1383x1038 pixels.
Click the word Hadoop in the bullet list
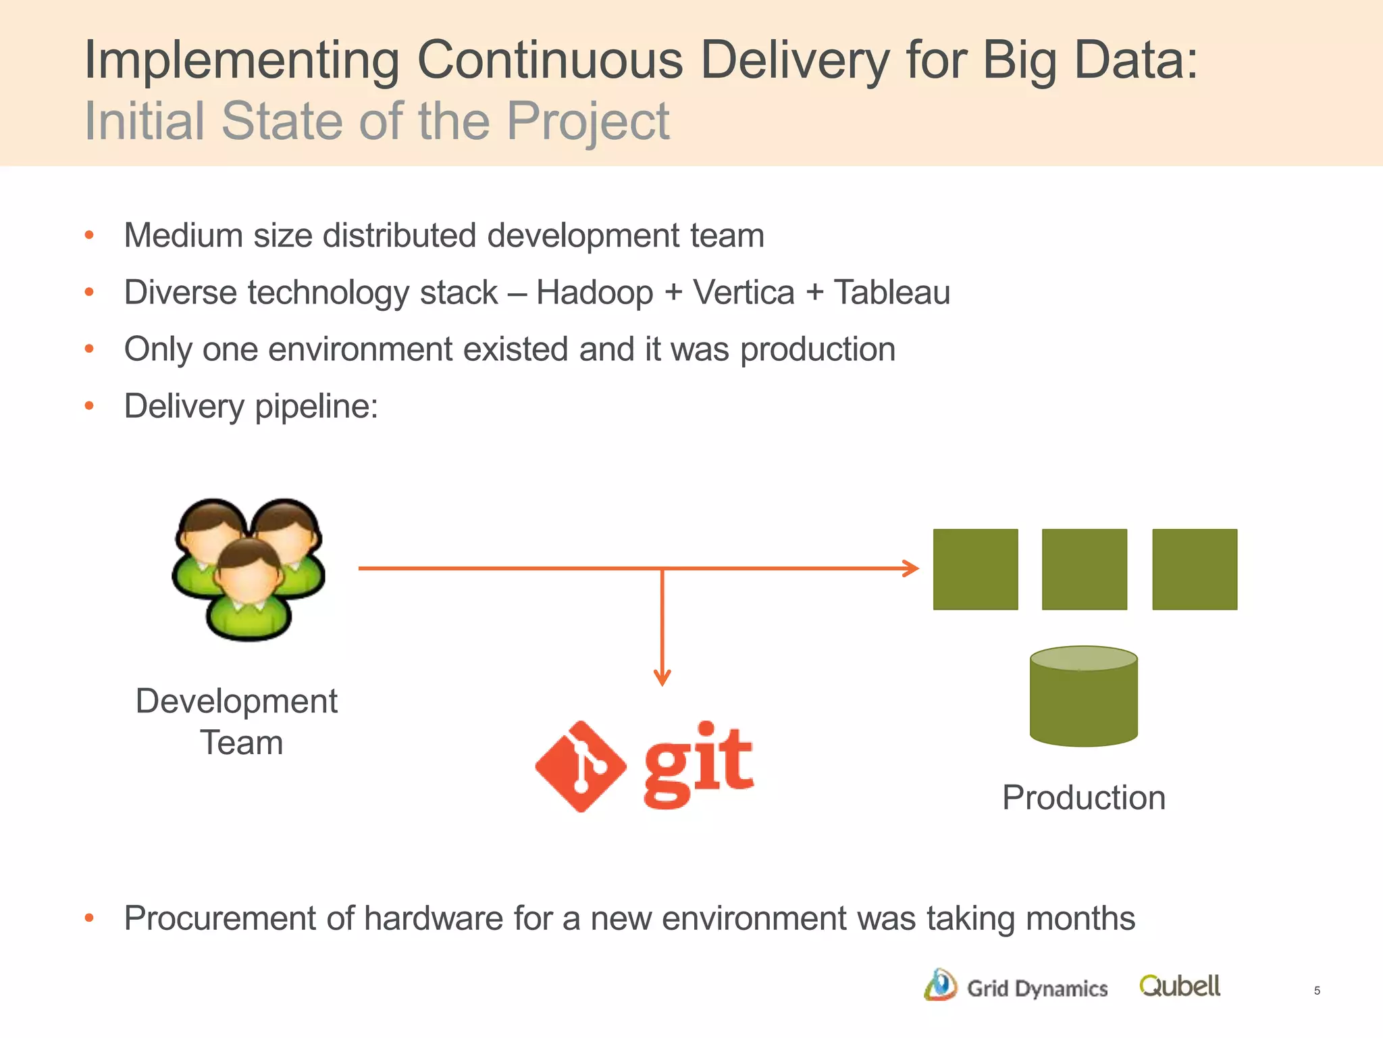(594, 293)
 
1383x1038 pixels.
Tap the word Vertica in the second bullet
(743, 293)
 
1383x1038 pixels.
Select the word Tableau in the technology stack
(891, 293)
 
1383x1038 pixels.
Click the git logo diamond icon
(580, 766)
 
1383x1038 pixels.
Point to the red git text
(698, 764)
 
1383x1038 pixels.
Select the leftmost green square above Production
(975, 569)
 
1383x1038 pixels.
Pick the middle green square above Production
(1084, 569)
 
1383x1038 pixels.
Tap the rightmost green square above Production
(1194, 569)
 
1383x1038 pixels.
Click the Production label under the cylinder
(1083, 797)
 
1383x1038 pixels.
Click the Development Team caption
(237, 722)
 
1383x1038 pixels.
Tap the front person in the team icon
(249, 588)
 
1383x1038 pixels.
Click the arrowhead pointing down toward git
(662, 677)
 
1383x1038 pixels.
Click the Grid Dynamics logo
(1016, 987)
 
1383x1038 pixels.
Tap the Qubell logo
(1179, 986)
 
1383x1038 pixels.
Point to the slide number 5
(1317, 991)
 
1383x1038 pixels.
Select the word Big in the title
(1019, 61)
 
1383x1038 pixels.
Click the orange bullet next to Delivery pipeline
(89, 406)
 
